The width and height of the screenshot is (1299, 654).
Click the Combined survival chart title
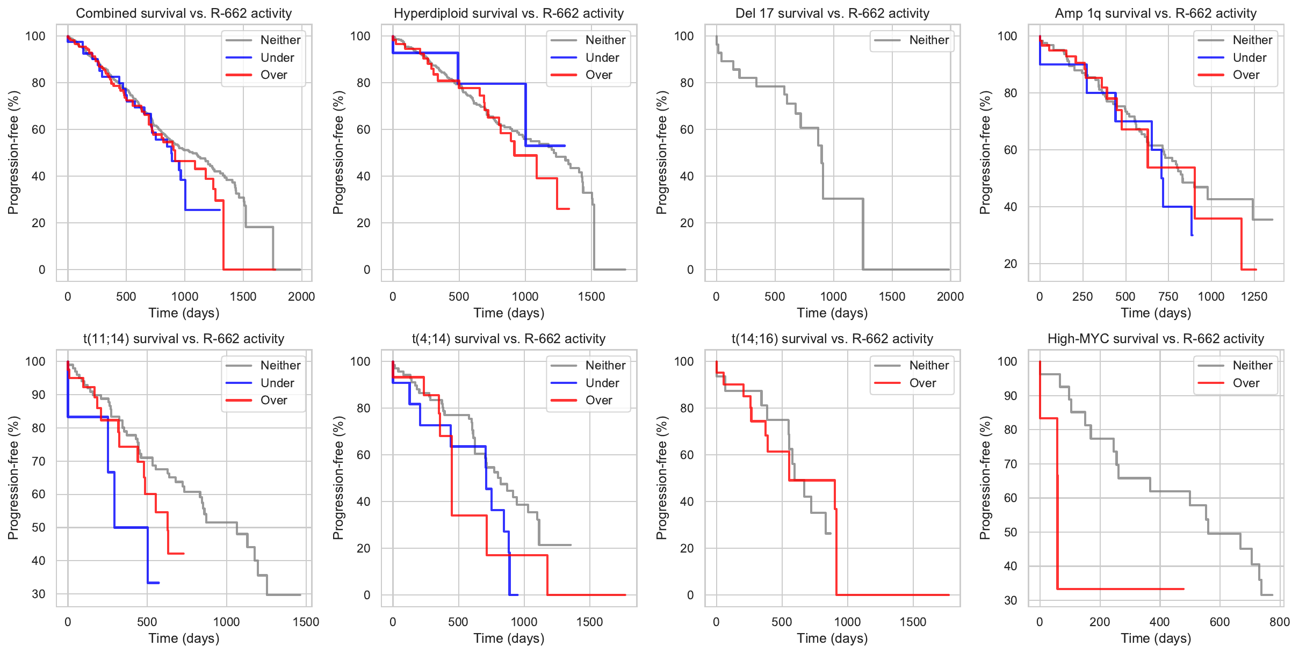184,13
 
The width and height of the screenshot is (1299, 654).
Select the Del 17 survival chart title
832,13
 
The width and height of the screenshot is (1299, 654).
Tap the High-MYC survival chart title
1156,339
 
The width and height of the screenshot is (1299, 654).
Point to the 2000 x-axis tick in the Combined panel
301,296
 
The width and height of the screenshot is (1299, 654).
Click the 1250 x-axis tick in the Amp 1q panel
1254,296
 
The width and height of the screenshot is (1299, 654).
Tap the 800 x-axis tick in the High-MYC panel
1280,622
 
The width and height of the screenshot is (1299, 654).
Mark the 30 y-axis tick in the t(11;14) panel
39,594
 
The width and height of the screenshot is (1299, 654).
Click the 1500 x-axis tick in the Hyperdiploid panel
591,296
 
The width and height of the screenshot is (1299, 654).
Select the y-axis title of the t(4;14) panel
338,478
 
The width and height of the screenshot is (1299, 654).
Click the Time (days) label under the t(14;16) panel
832,638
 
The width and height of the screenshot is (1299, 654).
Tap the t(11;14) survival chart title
184,339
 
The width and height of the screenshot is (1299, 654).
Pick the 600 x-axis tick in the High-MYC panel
1219,622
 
